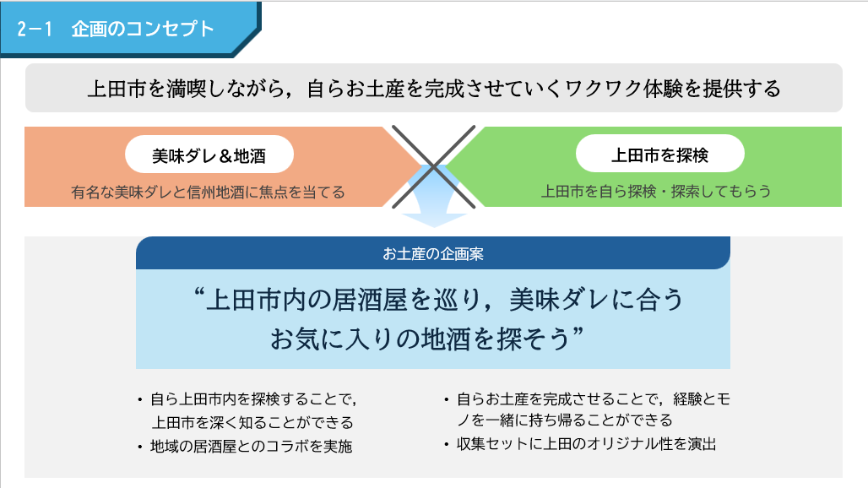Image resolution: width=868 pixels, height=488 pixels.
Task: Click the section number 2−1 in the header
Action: (x=35, y=29)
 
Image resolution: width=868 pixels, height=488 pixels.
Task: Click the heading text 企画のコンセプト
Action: (x=142, y=29)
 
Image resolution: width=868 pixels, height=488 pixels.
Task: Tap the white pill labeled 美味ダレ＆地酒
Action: (x=209, y=155)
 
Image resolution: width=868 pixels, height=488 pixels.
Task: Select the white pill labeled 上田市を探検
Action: (x=659, y=154)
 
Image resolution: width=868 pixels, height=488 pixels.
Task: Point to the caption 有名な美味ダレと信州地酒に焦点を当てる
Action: (x=209, y=192)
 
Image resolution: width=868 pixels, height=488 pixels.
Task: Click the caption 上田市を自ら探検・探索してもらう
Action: (x=656, y=191)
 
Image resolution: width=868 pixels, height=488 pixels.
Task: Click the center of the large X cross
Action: (x=433, y=166)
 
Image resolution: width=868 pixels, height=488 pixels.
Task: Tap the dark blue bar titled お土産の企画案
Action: (x=433, y=253)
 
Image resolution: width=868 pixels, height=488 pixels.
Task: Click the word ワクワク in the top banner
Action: (x=602, y=89)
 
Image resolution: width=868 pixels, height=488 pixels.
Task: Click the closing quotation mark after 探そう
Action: (x=578, y=332)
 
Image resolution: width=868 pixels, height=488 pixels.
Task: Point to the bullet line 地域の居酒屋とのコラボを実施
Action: (x=252, y=446)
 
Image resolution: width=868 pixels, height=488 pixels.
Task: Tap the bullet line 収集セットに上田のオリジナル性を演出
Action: (x=586, y=444)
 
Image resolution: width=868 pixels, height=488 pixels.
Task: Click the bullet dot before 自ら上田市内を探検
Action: (x=140, y=399)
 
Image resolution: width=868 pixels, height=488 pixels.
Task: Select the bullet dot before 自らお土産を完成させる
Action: (x=446, y=399)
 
